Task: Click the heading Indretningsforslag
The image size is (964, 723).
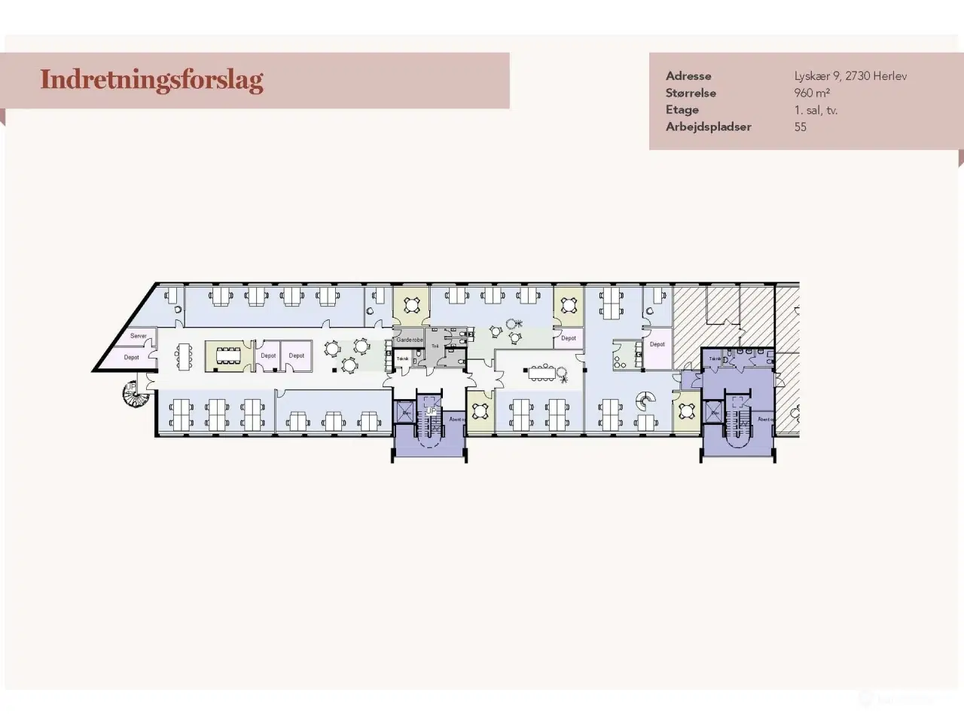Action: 151,80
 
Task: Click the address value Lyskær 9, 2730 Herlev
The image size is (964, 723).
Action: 850,76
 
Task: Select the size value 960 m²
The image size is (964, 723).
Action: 811,93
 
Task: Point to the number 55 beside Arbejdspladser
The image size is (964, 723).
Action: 800,127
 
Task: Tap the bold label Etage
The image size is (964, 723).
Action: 682,110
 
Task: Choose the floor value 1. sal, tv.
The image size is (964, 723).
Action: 816,110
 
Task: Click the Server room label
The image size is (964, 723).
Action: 138,336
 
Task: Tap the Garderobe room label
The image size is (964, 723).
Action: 409,340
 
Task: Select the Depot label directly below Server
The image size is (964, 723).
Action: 132,357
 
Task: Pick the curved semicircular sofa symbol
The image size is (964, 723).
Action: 644,400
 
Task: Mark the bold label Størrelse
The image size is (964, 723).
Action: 691,93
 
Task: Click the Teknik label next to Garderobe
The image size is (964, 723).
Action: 403,358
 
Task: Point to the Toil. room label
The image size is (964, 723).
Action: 435,346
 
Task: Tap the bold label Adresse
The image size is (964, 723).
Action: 688,76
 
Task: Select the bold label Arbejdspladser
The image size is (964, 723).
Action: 708,127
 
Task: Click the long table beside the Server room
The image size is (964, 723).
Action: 185,355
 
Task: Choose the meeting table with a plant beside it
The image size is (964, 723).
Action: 541,373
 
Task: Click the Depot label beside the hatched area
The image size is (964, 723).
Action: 657,344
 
